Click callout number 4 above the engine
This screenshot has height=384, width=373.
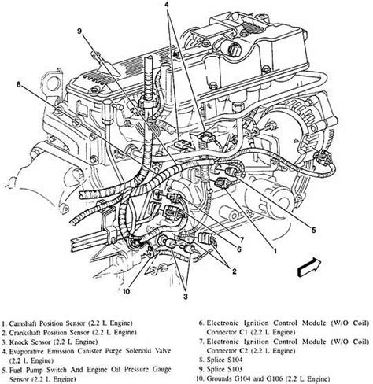(x=167, y=5)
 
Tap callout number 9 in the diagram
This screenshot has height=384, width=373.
(x=79, y=31)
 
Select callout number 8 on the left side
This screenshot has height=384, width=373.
(x=18, y=84)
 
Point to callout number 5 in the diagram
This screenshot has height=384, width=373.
(x=313, y=230)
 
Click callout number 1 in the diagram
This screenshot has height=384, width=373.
(x=275, y=251)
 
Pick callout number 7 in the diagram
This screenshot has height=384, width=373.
(x=242, y=239)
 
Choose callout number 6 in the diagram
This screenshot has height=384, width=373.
(x=239, y=249)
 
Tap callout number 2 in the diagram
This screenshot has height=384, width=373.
(x=234, y=271)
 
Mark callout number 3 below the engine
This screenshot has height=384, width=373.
(x=186, y=297)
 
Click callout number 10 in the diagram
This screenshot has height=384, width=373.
(x=126, y=291)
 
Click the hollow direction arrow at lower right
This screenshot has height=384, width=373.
(x=309, y=266)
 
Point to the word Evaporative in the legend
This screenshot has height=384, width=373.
(x=26, y=351)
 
